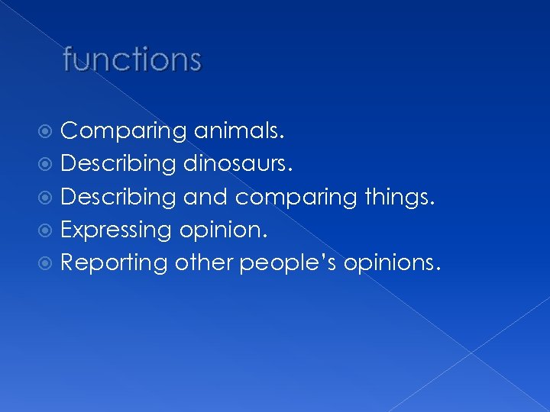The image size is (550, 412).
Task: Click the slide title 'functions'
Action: (x=132, y=60)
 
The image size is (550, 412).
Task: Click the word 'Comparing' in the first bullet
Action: (x=122, y=132)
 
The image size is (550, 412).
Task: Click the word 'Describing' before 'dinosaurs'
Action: (x=118, y=164)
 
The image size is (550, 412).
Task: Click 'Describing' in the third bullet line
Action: (x=118, y=197)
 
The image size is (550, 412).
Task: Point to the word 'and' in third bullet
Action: (x=205, y=197)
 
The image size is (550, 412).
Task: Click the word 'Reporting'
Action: (x=114, y=262)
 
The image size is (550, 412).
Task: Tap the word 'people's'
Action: (x=289, y=264)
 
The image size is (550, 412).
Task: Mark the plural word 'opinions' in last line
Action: (x=390, y=264)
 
